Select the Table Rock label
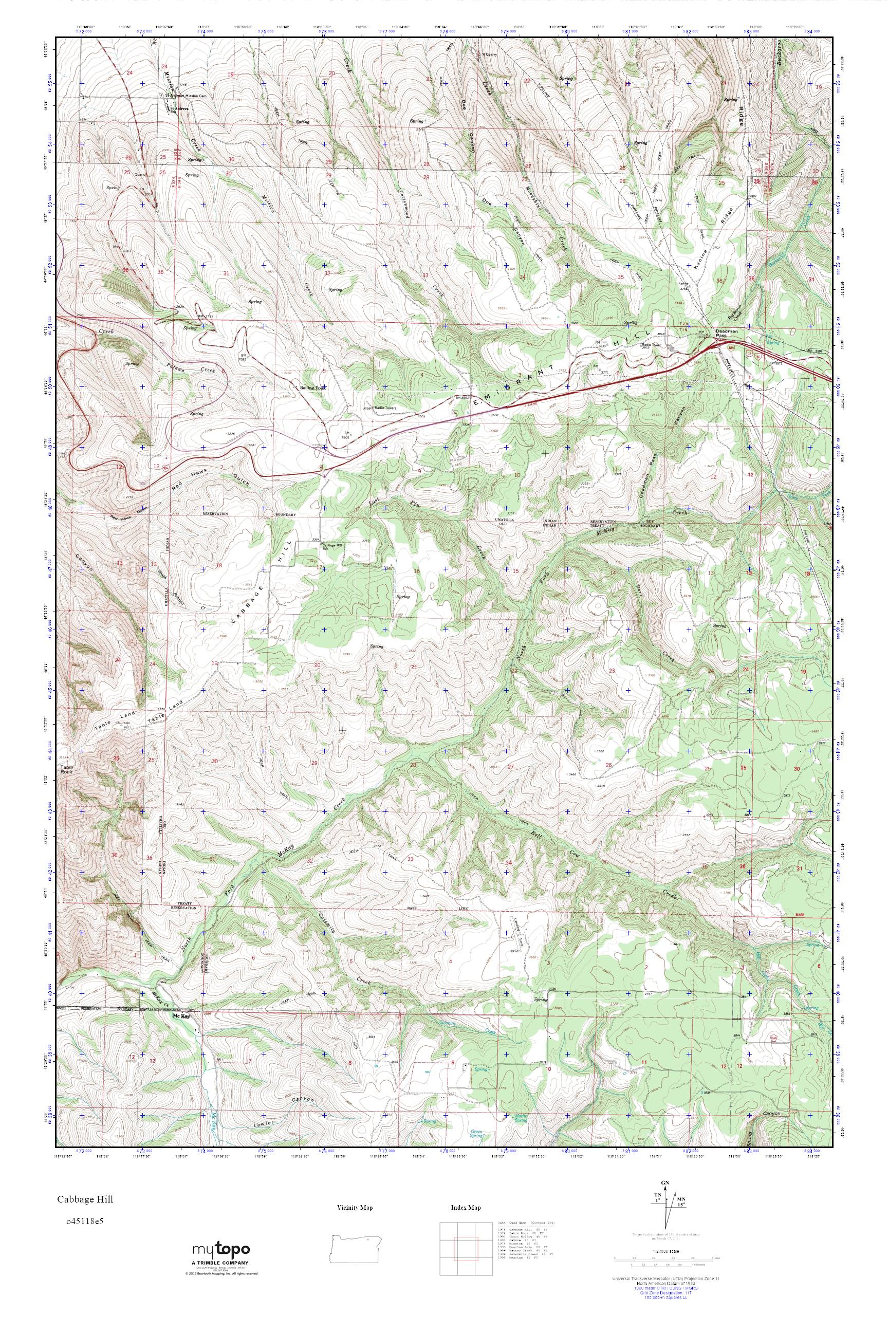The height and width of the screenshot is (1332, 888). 67,771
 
